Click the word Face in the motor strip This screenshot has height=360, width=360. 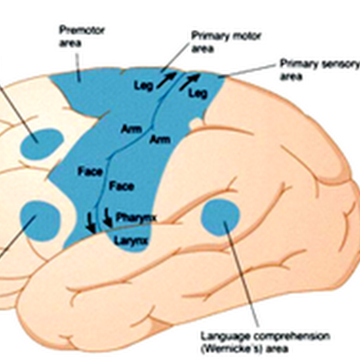coord(90,171)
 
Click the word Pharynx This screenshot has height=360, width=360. coord(136,218)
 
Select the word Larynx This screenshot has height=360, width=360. coord(131,240)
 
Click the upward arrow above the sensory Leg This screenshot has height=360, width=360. coord(189,81)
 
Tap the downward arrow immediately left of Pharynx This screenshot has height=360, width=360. coord(108,217)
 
